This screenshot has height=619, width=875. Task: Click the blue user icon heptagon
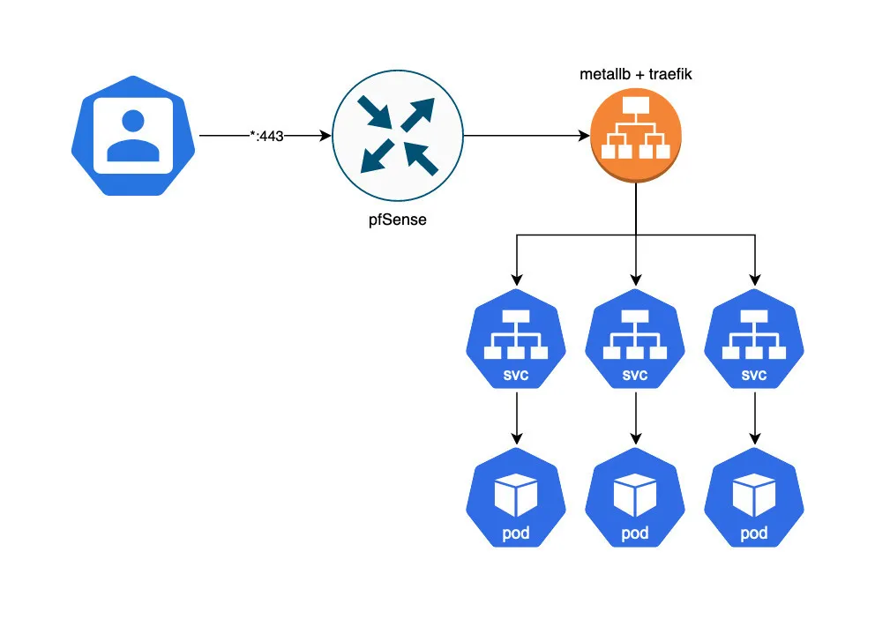pyautogui.click(x=132, y=138)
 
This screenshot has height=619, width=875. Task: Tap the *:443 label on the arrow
pyautogui.click(x=265, y=137)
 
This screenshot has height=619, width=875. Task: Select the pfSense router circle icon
pyautogui.click(x=397, y=137)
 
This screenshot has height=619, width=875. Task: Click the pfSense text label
pyautogui.click(x=397, y=220)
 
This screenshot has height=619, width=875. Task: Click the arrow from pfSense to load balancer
pyautogui.click(x=526, y=137)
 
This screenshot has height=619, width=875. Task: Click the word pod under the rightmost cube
pyautogui.click(x=754, y=533)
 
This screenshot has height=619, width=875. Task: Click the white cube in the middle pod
pyautogui.click(x=635, y=493)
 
